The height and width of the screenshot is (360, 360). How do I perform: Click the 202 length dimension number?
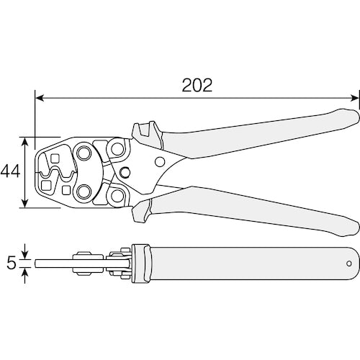click(197, 85)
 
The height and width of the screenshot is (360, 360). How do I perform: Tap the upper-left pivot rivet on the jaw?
click(85, 153)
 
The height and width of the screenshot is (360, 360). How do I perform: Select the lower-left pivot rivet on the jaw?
click(85, 191)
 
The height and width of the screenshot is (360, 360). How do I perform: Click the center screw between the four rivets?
click(125, 172)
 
